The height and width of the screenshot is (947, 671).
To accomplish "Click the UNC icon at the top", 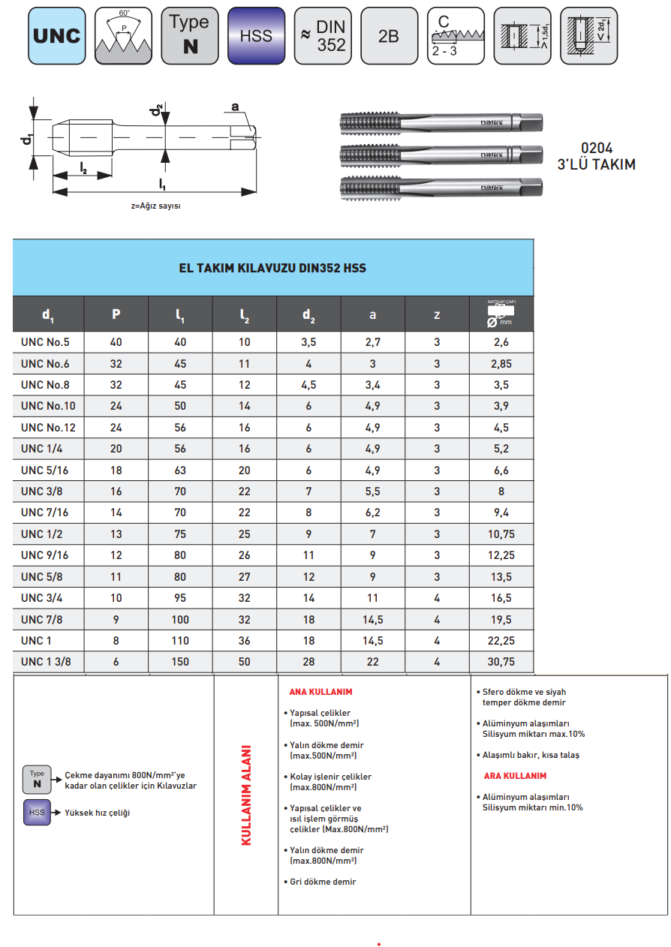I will click(56, 35).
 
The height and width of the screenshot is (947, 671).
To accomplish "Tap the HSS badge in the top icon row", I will click(256, 35).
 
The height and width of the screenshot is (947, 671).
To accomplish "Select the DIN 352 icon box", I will click(322, 35).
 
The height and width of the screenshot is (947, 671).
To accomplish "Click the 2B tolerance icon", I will click(388, 35).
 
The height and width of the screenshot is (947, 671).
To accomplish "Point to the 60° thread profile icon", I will click(123, 35).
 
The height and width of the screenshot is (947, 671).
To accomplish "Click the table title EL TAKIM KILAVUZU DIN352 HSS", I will click(272, 268).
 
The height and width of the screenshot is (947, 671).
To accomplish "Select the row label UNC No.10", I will click(48, 406).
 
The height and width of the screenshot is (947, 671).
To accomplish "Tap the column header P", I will click(116, 314).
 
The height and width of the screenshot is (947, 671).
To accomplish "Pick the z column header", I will click(437, 314).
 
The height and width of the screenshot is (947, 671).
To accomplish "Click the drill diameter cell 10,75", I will click(501, 534).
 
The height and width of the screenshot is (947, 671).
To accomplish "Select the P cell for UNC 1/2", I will click(116, 534).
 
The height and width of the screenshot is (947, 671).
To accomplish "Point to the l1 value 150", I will click(180, 662).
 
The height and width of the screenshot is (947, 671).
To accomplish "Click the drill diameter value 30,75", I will click(501, 662).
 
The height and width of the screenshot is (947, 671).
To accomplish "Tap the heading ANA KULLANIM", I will click(320, 692).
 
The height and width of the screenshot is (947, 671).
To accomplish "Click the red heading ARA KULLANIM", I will click(514, 776).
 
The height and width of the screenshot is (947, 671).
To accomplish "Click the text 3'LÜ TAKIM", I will click(596, 164).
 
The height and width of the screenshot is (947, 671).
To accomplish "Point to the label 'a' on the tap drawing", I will click(234, 107).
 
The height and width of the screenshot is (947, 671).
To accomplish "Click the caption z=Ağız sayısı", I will click(156, 206).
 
